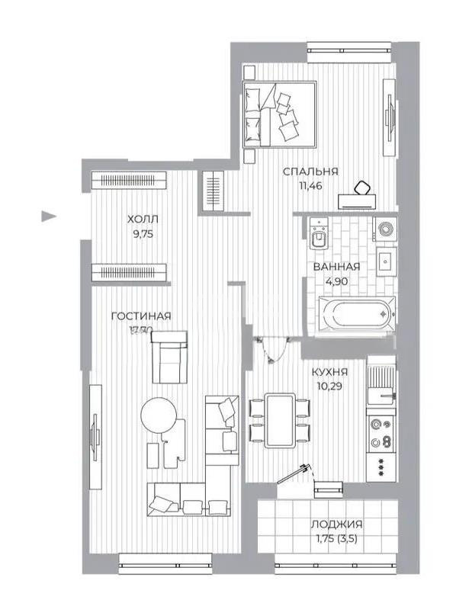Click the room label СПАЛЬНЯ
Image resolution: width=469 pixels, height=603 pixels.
(x=310, y=172)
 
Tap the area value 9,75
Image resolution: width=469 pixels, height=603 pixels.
(x=143, y=234)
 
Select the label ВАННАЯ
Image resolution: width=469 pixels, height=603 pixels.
(x=336, y=266)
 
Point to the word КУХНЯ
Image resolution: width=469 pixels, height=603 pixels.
(x=330, y=372)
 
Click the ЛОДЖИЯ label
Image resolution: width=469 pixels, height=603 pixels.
(x=336, y=524)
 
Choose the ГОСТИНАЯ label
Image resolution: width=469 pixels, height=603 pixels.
(x=140, y=316)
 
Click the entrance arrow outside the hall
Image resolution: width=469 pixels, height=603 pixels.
(x=48, y=216)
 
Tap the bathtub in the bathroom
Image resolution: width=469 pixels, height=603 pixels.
(x=355, y=313)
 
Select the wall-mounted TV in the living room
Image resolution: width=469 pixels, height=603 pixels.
(x=95, y=436)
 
